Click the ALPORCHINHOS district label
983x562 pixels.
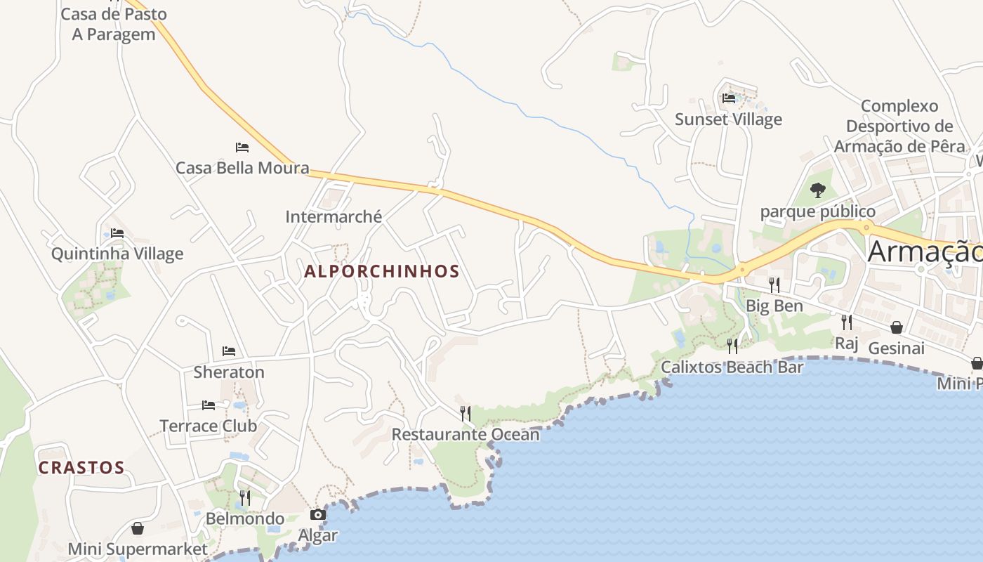coord(382,272)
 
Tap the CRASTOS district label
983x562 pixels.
coord(81,468)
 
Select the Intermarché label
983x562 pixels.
coord(334,217)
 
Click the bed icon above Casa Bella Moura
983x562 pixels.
coord(242,148)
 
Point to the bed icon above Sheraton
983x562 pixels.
coord(229,351)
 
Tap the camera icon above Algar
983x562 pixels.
coord(318,515)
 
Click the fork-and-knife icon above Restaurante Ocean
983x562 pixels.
coord(465,413)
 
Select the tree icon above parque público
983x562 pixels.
coord(818,190)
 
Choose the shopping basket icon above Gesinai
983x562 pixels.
coord(897,327)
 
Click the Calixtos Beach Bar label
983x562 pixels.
coord(732,367)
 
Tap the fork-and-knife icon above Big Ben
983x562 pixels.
coord(774,285)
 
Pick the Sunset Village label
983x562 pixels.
coord(728,119)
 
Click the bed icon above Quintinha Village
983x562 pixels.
coord(117,233)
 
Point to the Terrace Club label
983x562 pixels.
coord(209,426)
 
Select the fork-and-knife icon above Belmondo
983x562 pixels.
coord(245,498)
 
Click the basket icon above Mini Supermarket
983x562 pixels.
coord(138,528)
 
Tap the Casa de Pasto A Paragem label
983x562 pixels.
coord(114,24)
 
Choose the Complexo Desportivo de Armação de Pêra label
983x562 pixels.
coord(899,126)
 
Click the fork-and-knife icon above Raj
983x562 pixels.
coord(847,322)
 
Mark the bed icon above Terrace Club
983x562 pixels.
coord(209,405)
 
